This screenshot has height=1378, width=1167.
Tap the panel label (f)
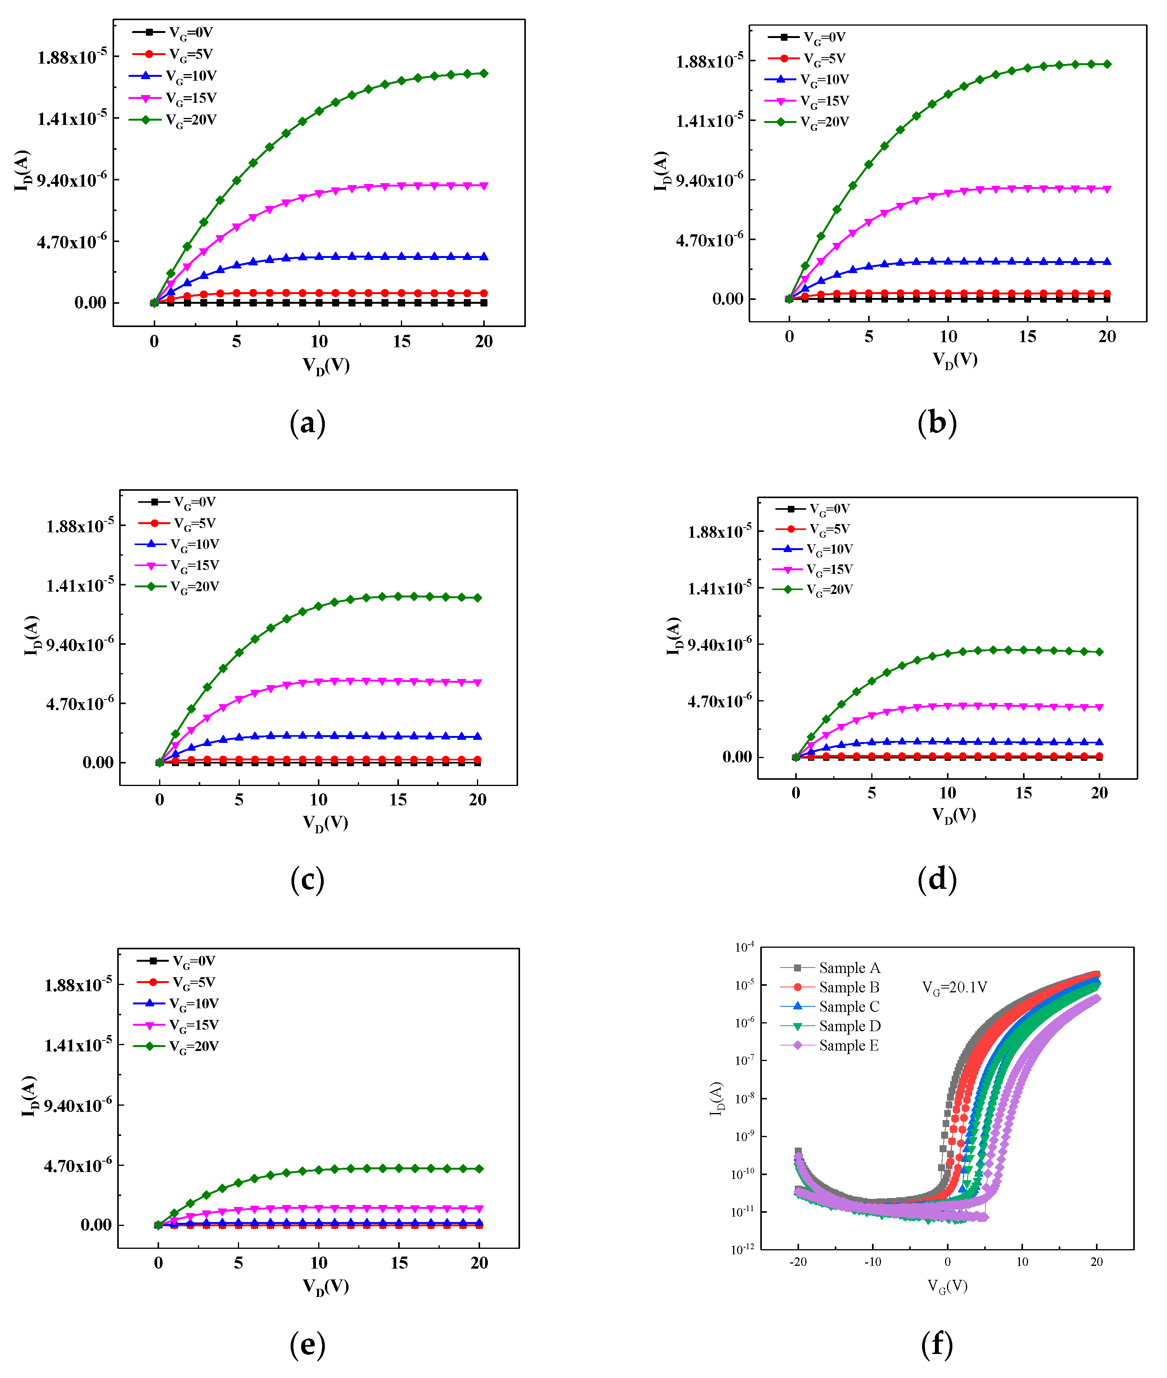[x=937, y=1345]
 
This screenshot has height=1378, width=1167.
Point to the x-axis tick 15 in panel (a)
[x=402, y=342]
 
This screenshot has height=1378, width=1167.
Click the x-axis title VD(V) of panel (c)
[x=326, y=823]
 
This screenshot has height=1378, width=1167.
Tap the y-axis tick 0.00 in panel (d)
[x=736, y=757]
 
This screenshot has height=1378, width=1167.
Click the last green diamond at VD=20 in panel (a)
[x=484, y=73]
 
